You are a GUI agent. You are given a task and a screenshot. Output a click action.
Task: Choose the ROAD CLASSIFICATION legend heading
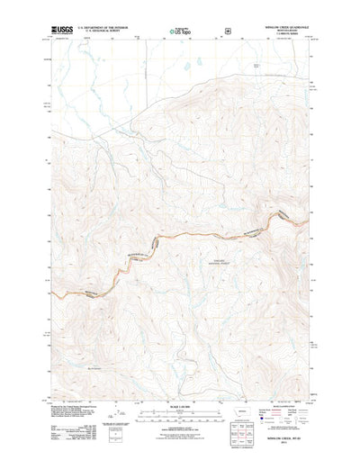(277, 379)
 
